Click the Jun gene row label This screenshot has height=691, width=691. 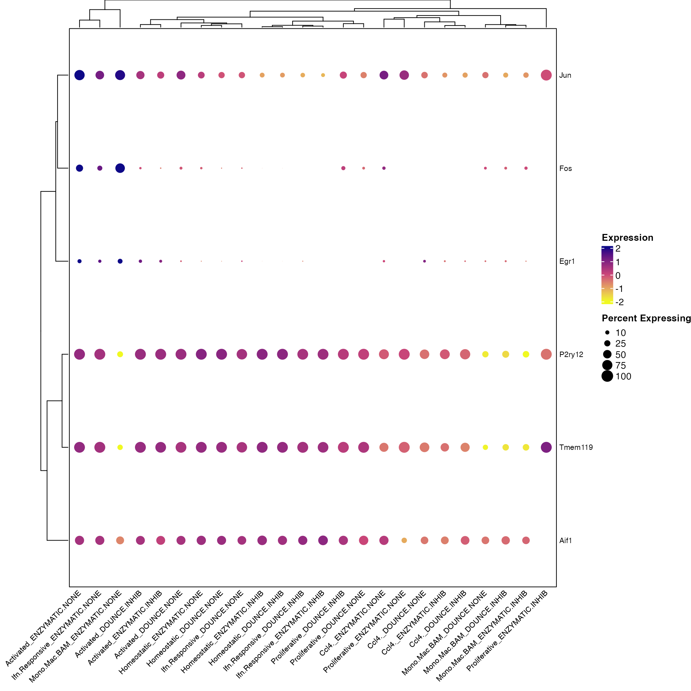tap(565, 75)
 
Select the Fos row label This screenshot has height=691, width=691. tap(565, 168)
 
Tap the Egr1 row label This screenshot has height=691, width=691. tap(567, 261)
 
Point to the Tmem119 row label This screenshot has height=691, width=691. tap(576, 447)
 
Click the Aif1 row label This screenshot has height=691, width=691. tap(565, 540)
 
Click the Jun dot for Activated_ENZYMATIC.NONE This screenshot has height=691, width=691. tap(80, 75)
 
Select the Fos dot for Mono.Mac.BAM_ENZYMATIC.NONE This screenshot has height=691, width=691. tap(120, 168)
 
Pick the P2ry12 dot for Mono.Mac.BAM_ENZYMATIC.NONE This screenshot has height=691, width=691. tap(120, 354)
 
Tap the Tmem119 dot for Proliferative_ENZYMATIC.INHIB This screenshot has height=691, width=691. tap(546, 447)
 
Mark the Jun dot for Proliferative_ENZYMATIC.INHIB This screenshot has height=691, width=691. tap(546, 75)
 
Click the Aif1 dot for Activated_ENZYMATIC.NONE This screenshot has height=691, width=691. tap(80, 540)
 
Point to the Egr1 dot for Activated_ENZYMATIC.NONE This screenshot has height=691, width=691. tap(80, 261)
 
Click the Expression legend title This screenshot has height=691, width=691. tap(627, 238)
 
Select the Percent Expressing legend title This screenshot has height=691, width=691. tap(646, 318)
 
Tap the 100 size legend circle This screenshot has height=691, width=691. tap(607, 376)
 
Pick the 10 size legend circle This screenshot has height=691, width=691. tap(607, 333)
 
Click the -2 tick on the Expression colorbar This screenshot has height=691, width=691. tap(619, 302)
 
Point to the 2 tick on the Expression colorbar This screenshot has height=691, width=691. tap(618, 248)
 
